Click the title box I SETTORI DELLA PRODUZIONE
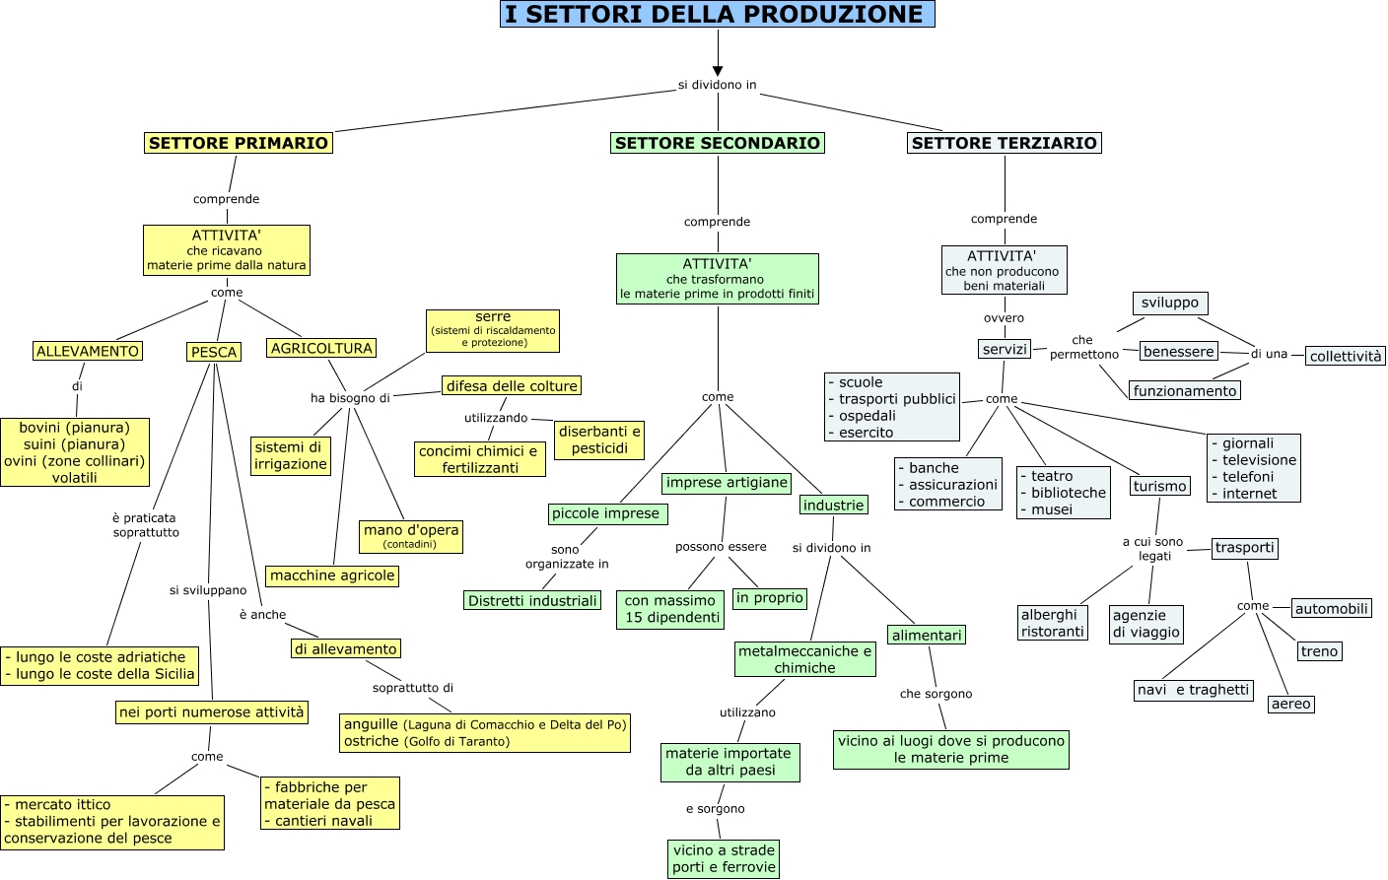pos(717,15)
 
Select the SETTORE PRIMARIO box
pos(239,143)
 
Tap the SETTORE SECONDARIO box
pos(718,143)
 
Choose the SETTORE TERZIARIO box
pos(1004,143)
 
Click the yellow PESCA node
pos(214,352)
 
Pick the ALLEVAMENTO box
pos(88,351)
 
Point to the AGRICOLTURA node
pos(321,348)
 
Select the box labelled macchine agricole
pos(332,575)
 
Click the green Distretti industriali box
pos(532,600)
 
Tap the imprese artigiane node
pos(727,483)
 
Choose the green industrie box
pos(833,506)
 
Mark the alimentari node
pos(927,636)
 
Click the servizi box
pos(1005,349)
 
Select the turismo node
pos(1159,486)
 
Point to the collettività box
pos(1346,356)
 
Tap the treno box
pos(1319,651)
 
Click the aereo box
pos(1290,704)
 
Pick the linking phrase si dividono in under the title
pos(717,85)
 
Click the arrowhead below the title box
pos(718,71)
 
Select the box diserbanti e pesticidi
pos(599,440)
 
